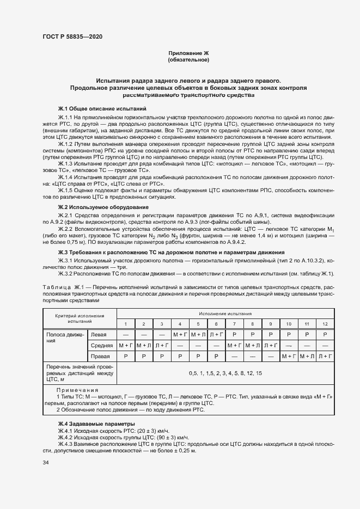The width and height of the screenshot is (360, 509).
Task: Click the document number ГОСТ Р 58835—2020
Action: coord(72,36)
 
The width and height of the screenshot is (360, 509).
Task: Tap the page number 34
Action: coord(45,463)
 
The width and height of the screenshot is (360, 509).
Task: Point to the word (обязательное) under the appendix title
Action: coord(188,60)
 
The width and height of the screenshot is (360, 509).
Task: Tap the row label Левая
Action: coord(99,334)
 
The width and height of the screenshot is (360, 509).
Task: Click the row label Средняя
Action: coord(102,345)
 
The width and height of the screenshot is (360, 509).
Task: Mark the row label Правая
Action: coord(100,356)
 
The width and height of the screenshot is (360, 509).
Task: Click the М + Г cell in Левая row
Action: coord(180,334)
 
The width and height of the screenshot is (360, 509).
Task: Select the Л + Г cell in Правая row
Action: coord(325,356)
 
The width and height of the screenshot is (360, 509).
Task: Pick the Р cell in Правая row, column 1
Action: coord(125,356)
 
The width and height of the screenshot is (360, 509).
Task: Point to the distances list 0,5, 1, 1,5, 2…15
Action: coord(225,373)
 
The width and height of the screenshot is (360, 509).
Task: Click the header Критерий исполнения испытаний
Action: coord(79,318)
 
